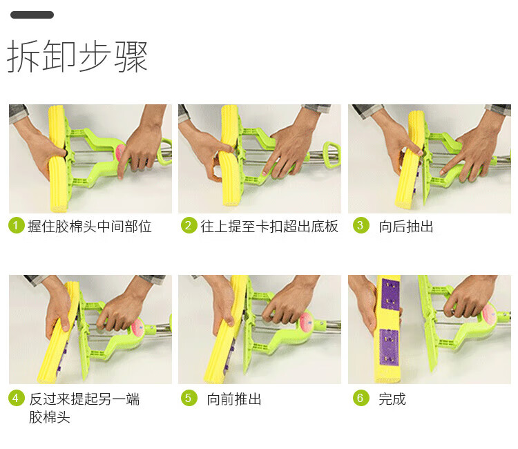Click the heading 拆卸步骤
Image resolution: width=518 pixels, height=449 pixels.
(x=77, y=56)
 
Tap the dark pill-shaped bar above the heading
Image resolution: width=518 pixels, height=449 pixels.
(x=32, y=15)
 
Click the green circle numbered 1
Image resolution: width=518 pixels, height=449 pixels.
(x=16, y=225)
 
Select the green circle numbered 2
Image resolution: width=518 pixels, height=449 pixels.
(x=189, y=225)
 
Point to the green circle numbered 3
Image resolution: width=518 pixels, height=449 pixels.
(x=361, y=225)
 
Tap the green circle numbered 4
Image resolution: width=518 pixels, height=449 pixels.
(x=16, y=398)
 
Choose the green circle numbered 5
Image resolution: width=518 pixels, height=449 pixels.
(x=189, y=398)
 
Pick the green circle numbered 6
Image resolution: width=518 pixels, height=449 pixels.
(x=361, y=398)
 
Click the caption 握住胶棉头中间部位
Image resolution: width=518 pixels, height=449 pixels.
(x=90, y=227)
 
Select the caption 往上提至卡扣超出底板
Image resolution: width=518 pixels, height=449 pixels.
(x=269, y=227)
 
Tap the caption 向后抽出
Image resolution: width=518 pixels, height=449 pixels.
(x=406, y=227)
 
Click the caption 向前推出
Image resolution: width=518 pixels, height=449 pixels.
(x=234, y=399)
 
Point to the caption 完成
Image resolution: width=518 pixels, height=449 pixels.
(x=392, y=399)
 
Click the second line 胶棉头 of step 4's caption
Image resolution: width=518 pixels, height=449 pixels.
(x=50, y=417)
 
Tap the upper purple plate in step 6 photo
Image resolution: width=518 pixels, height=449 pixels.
(x=390, y=294)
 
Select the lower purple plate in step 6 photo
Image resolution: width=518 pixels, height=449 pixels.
(x=389, y=347)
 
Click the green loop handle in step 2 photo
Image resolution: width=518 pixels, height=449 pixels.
(x=332, y=154)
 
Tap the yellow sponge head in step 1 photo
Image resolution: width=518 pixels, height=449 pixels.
(x=58, y=159)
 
